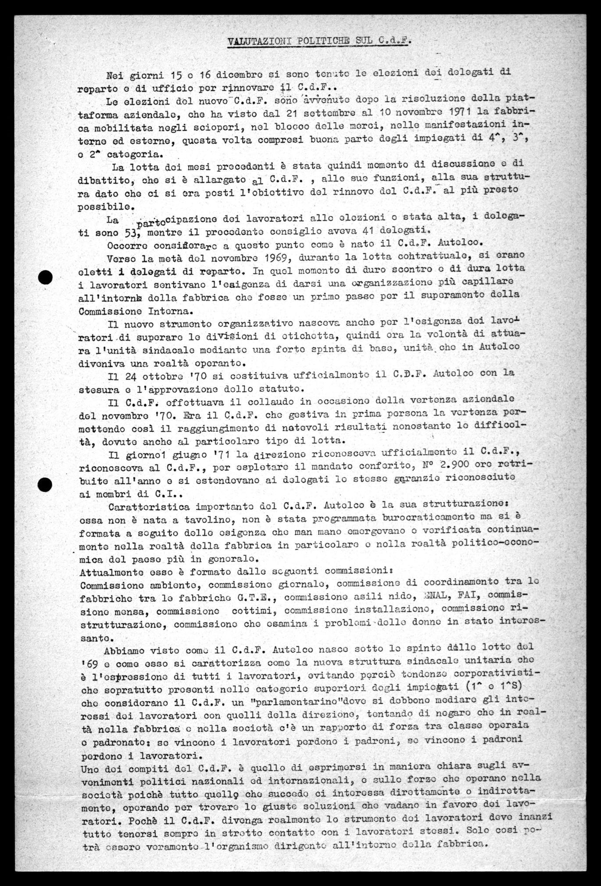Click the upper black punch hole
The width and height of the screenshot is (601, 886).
[45, 277]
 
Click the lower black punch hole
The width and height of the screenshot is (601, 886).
[45, 484]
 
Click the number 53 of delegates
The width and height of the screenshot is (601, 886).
[126, 232]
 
